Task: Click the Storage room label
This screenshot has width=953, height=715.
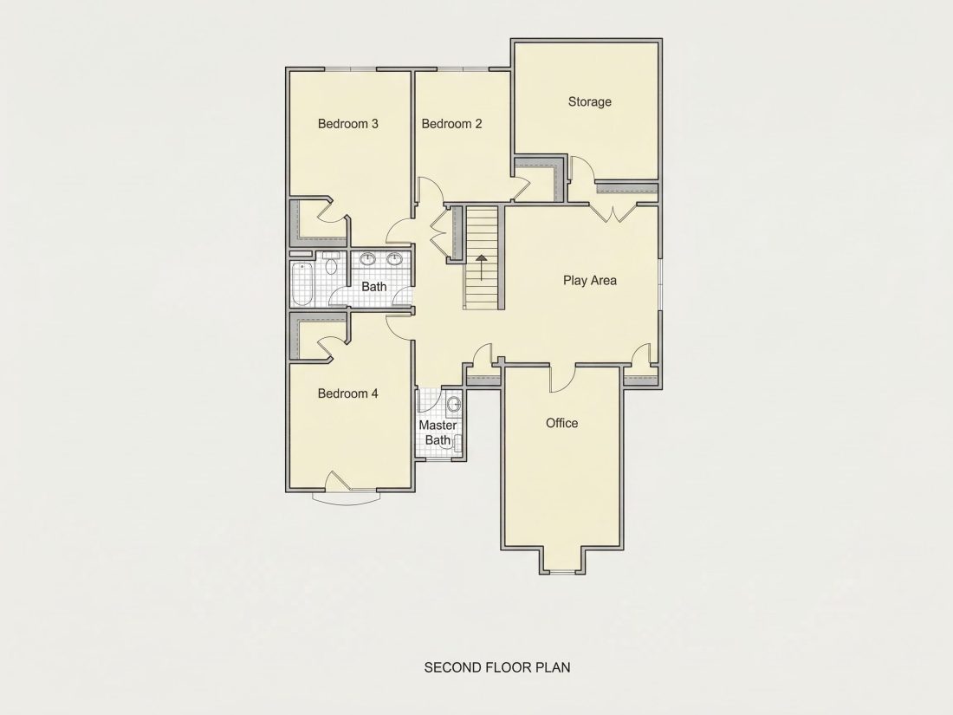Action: click(589, 101)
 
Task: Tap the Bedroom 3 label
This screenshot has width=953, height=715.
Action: click(347, 124)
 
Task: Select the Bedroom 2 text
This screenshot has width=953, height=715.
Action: click(451, 124)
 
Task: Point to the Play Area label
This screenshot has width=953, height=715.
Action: click(589, 280)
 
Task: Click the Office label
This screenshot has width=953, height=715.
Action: click(561, 423)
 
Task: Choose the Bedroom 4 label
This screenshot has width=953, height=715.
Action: click(347, 393)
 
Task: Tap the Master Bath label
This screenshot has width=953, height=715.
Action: click(438, 432)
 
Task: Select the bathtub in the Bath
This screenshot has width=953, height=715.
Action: click(302, 284)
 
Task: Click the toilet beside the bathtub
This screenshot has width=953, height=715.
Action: click(331, 263)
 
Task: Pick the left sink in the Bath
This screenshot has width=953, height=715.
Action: click(367, 260)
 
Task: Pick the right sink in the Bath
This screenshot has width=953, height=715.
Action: click(395, 260)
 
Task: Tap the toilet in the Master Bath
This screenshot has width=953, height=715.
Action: click(453, 404)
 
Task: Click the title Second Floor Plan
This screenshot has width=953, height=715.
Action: click(497, 667)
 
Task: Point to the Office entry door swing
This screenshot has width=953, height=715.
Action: click(561, 379)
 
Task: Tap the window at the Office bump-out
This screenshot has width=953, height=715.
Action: click(561, 571)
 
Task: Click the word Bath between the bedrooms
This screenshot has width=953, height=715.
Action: click(373, 286)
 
